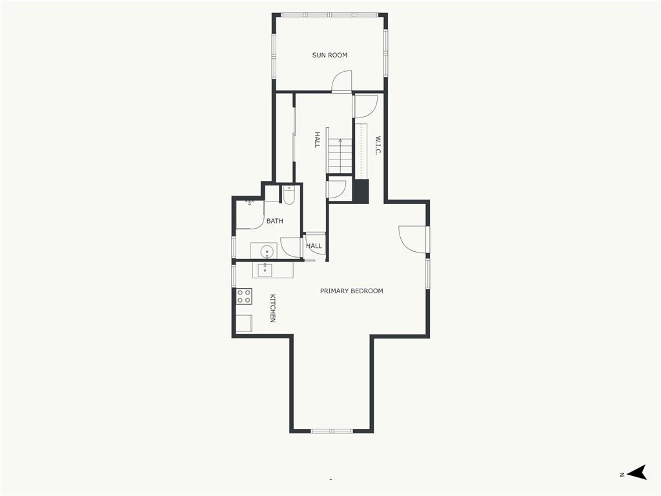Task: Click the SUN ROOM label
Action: pyautogui.click(x=330, y=56)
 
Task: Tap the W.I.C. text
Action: pyautogui.click(x=378, y=145)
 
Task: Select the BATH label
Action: pyautogui.click(x=275, y=221)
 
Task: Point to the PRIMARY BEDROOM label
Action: pyautogui.click(x=352, y=291)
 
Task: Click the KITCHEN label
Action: pyautogui.click(x=273, y=308)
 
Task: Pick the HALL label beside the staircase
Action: pyautogui.click(x=317, y=139)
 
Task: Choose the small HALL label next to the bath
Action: pyautogui.click(x=314, y=246)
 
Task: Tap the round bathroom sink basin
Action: pyautogui.click(x=267, y=253)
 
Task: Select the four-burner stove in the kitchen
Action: pyautogui.click(x=244, y=296)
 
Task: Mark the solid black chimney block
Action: pyautogui.click(x=361, y=191)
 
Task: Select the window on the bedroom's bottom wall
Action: pyautogui.click(x=332, y=431)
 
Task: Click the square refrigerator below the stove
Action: pyautogui.click(x=244, y=324)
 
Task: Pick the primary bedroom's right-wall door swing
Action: pyautogui.click(x=412, y=239)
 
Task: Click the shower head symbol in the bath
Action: pyautogui.click(x=250, y=203)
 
